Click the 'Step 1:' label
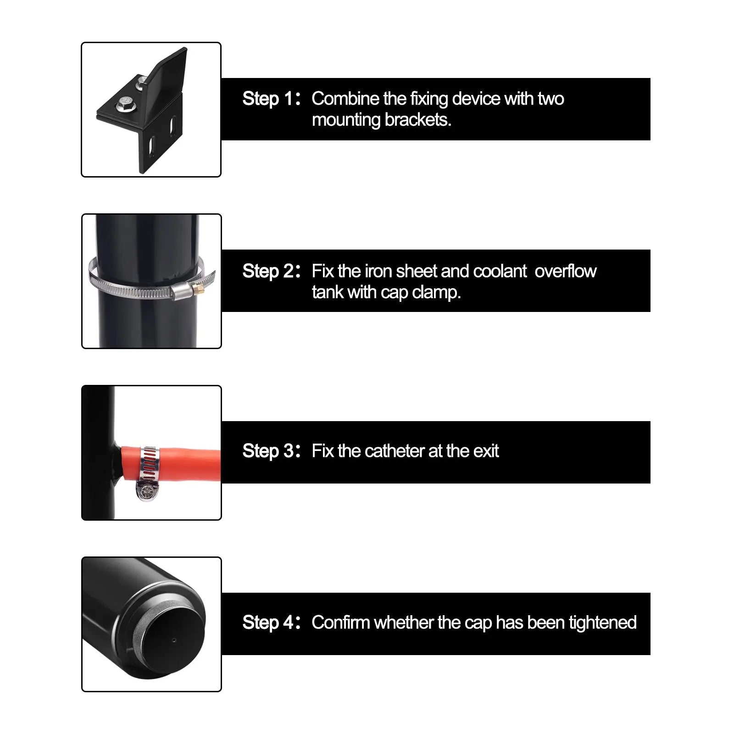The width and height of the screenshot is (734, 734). (x=271, y=99)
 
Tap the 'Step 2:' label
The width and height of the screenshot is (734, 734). (x=271, y=271)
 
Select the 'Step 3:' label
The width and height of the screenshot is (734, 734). (x=271, y=451)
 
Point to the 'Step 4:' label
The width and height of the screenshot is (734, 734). (x=271, y=623)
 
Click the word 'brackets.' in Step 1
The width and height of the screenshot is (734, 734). (x=418, y=120)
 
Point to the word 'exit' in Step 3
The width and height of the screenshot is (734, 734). (x=486, y=451)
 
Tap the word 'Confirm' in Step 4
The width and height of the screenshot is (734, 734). (x=340, y=623)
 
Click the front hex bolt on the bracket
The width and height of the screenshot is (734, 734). (x=124, y=104)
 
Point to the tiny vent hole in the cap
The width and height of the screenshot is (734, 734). (x=173, y=640)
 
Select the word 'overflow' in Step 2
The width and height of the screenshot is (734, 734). (x=565, y=271)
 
